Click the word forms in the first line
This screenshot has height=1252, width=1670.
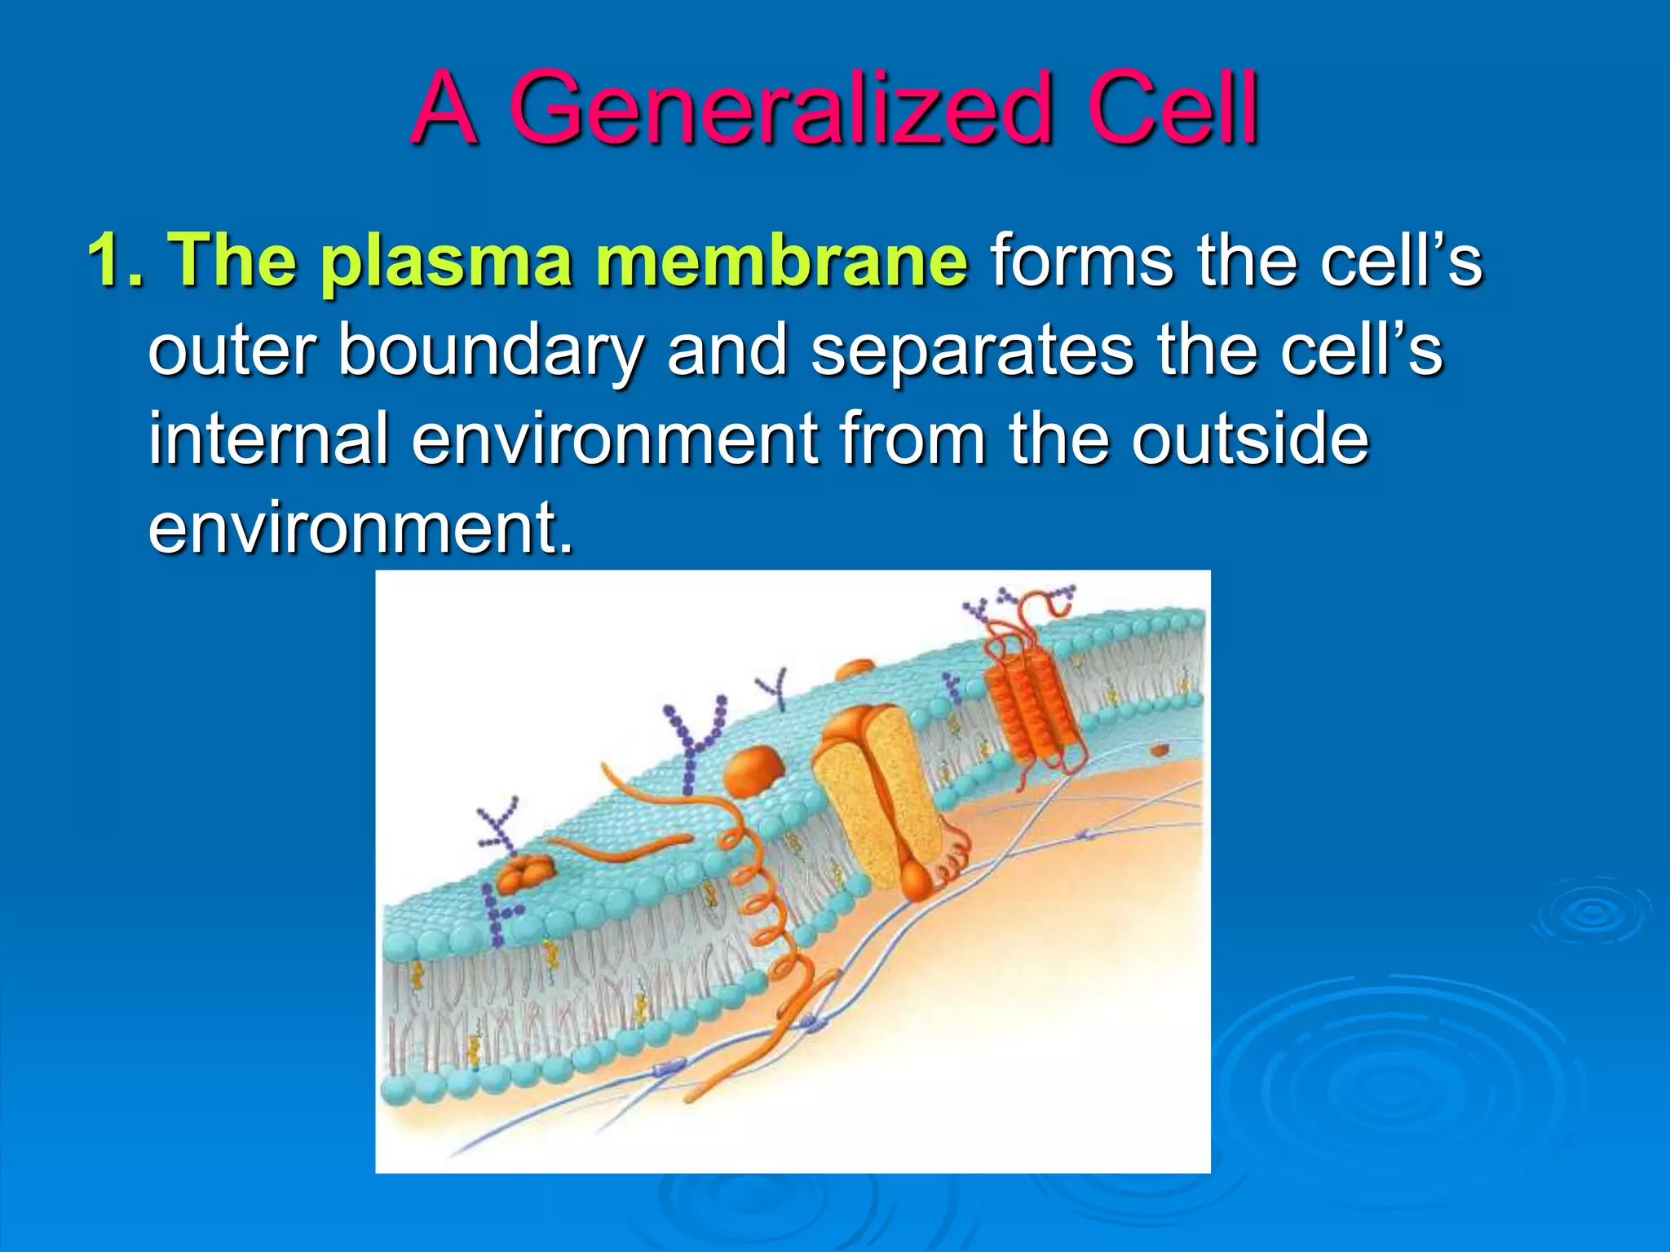[1081, 261]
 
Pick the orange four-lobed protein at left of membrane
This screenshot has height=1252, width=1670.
[524, 875]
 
